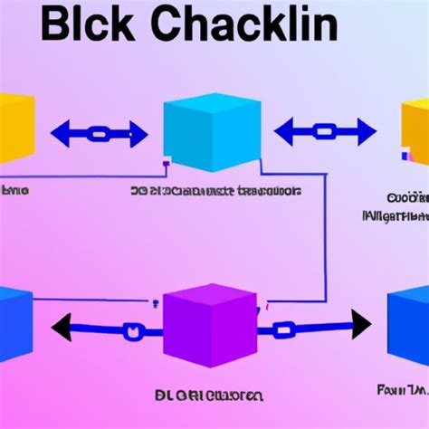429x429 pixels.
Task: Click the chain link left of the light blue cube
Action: (100, 135)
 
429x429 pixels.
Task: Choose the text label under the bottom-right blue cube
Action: (402, 389)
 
